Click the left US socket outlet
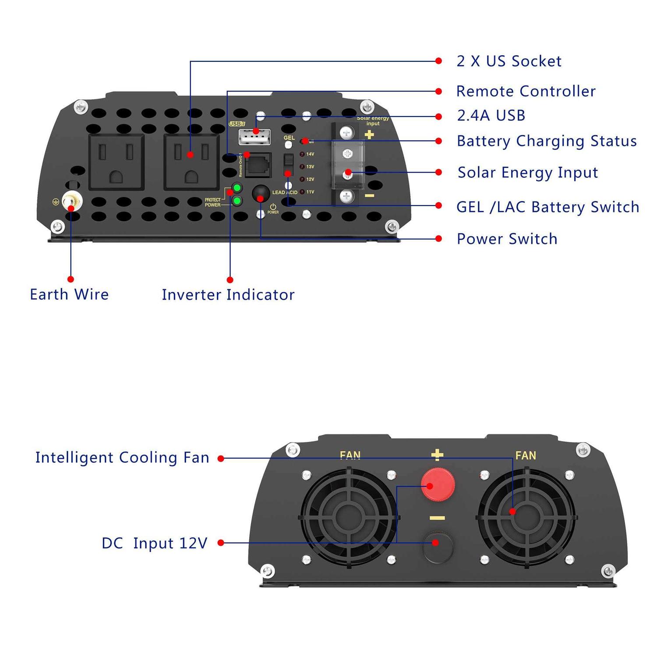pos(117,162)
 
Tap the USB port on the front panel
pos(254,137)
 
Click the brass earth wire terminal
pos(72,202)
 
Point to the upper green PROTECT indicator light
pos(237,188)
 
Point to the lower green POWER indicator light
pos(237,201)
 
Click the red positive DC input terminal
pos(438,484)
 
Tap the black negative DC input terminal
pos(437,545)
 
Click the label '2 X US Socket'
pos(509,61)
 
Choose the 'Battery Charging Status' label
pos(546,141)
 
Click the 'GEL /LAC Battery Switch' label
pos(547,207)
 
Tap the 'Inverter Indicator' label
pos(228,295)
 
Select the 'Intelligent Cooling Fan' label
pos(122,458)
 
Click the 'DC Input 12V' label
pos(154,543)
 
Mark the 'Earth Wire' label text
pos(69,294)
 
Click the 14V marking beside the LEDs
pos(310,154)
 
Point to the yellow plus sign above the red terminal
pos(437,455)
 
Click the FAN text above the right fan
pos(526,456)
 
